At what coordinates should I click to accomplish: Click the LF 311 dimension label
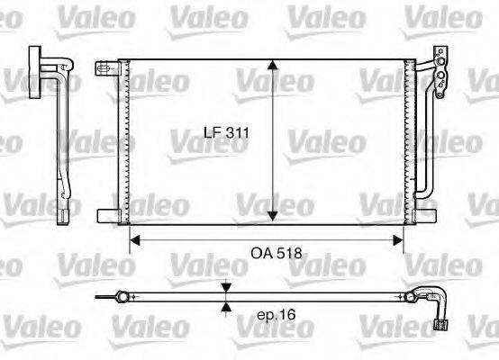[x=223, y=133]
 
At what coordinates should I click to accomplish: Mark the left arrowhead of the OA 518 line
[x=135, y=240]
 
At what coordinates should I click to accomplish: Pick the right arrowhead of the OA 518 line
[x=398, y=240]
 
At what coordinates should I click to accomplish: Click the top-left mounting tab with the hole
[x=106, y=67]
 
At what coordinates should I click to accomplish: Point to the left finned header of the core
[x=126, y=139]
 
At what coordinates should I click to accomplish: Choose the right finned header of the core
[x=407, y=139]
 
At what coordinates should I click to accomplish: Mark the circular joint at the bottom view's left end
[x=120, y=294]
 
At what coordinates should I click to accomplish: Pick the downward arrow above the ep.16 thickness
[x=225, y=288]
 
